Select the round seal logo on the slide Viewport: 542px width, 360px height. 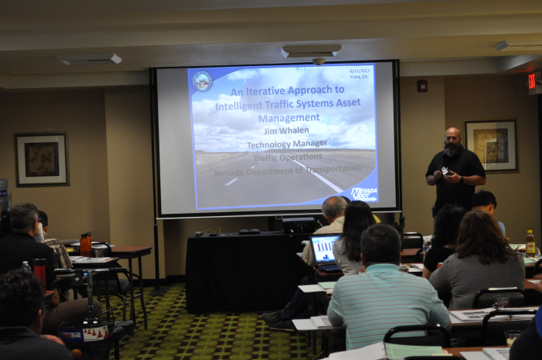202,81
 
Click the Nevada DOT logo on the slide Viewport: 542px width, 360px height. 363,193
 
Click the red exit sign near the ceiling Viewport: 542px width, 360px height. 532,80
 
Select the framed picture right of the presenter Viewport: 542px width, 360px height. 491,145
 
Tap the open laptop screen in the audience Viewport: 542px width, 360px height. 324,248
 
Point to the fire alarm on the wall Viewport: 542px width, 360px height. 422,86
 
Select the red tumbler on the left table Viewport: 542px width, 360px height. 40,273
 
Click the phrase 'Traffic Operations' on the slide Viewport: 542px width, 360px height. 287,157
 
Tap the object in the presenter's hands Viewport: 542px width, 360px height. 445,170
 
